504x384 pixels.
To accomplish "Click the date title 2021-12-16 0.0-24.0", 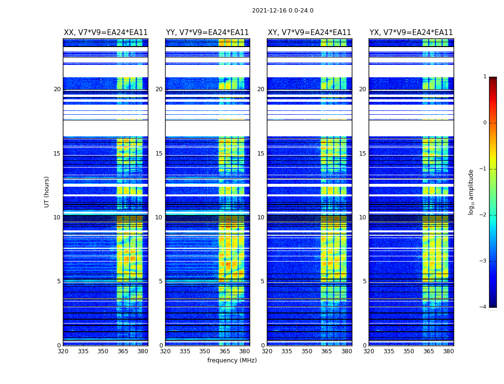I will click(282, 11).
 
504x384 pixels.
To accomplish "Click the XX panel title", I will click(106, 33).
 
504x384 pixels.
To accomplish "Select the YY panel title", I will click(207, 33).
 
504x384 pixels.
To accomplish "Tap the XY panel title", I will click(309, 33).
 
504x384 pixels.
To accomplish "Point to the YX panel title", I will click(411, 33).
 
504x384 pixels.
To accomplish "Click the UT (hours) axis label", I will click(47, 192).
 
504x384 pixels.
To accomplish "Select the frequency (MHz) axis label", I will click(232, 360).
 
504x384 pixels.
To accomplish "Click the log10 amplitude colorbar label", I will click(471, 192).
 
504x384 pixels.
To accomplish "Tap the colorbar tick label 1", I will click(485, 77).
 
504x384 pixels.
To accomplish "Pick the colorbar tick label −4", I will click(483, 307).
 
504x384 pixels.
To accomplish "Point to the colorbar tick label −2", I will click(483, 215).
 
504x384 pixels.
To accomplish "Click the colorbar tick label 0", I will click(485, 123).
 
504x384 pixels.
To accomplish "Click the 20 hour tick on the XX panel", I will click(57, 89).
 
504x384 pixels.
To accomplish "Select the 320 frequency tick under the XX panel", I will click(63, 351).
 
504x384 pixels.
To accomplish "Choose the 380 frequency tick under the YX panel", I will click(448, 351).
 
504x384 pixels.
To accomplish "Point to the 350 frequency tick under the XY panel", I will click(307, 351).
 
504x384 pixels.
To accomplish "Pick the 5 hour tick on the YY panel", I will click(161, 281).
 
